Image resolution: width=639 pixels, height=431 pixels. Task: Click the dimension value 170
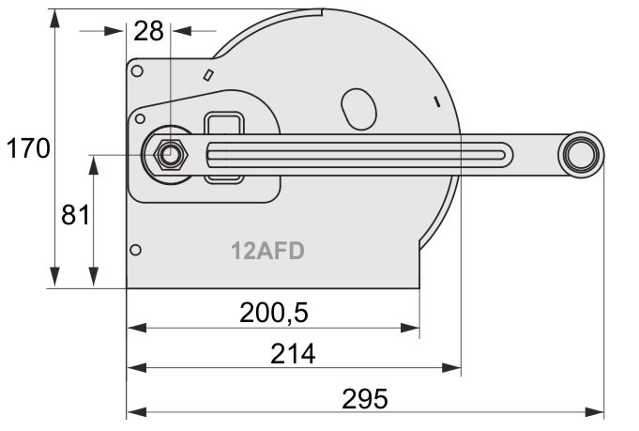click(28, 148)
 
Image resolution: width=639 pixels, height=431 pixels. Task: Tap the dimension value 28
click(148, 31)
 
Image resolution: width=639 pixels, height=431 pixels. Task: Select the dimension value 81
click(75, 215)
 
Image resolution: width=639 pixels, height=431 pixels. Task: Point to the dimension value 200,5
click(274, 314)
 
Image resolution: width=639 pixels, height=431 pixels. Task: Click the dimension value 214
click(293, 354)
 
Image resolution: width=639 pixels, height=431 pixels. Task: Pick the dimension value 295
click(365, 399)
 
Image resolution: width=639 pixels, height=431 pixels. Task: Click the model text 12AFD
click(267, 251)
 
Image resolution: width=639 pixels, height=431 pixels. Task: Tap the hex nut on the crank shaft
click(171, 155)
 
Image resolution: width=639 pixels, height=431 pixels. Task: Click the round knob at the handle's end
click(581, 155)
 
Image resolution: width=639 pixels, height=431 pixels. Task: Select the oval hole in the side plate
click(358, 109)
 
